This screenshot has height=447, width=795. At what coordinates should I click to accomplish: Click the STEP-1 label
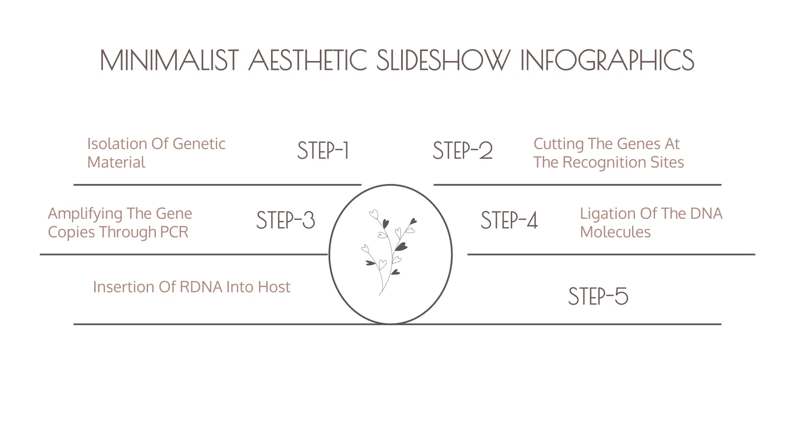click(323, 151)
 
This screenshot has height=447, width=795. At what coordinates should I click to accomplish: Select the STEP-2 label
click(463, 151)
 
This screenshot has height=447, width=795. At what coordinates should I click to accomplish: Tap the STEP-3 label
click(286, 220)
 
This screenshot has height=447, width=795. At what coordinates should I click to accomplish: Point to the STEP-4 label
click(509, 220)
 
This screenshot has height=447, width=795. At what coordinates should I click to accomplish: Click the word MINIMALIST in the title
click(169, 61)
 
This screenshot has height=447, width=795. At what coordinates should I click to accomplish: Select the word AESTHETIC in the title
click(307, 61)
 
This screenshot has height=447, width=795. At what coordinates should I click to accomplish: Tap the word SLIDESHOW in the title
click(443, 61)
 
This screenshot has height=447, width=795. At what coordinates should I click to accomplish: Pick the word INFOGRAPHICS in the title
click(607, 61)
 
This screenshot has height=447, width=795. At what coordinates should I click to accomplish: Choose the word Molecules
click(615, 232)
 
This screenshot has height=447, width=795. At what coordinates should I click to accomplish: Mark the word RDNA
click(201, 287)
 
